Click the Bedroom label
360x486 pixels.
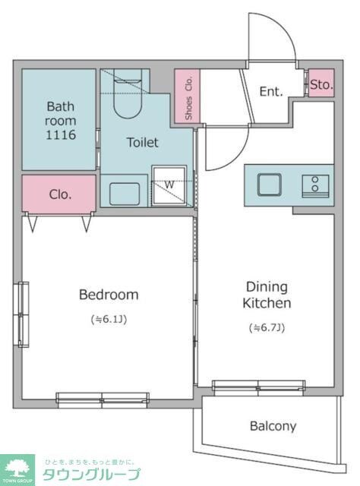[109, 295]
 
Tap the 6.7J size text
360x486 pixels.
[267, 327]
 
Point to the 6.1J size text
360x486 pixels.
[109, 319]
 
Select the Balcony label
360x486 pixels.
[273, 426]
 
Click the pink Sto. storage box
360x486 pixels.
[321, 83]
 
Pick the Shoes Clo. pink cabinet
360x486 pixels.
[188, 96]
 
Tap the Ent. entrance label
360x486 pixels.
[271, 91]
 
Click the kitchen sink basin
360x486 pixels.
[270, 185]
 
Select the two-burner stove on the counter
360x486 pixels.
[315, 185]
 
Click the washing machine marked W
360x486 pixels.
[169, 185]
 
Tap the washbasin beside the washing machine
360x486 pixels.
[125, 194]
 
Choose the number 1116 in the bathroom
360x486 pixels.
[61, 135]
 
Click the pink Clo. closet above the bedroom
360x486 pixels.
[59, 194]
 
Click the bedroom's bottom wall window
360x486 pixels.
[103, 400]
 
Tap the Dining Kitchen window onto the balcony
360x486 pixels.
[258, 388]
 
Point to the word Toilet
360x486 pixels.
[143, 142]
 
